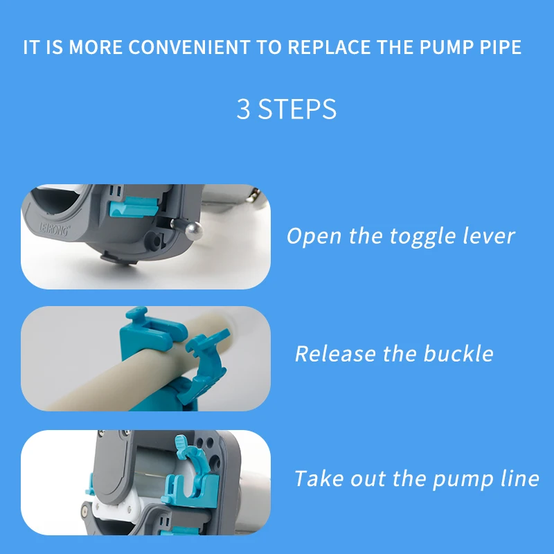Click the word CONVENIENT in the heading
(x=189, y=47)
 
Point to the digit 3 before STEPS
(x=244, y=109)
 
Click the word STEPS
(x=297, y=109)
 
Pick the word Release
(x=335, y=354)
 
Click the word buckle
(x=458, y=353)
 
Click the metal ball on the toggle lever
(x=194, y=231)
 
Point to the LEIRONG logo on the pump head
(x=54, y=229)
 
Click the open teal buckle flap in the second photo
(x=205, y=368)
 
